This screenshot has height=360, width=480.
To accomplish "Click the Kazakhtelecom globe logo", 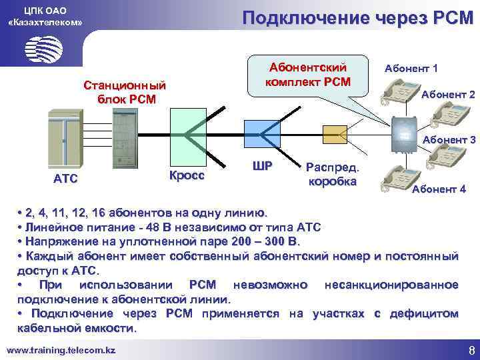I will coord(44,49).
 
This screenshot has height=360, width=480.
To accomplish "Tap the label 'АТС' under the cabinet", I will coord(65,178).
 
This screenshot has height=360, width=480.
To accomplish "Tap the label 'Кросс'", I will coord(187,175).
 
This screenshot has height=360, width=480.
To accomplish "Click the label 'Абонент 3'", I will coord(449,140).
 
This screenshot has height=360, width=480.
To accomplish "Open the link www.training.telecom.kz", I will coord(61,349).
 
